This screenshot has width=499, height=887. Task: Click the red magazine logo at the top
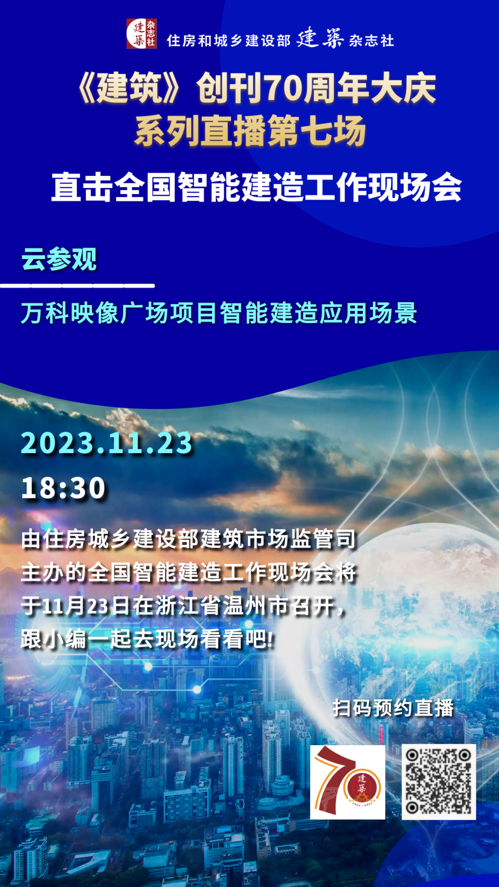141,33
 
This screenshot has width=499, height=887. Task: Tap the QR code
438,782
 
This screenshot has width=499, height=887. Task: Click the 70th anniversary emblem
347,782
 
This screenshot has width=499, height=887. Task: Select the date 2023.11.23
107,443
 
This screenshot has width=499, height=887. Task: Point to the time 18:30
64,488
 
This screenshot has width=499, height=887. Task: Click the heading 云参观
59,259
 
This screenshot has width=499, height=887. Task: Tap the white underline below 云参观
77,286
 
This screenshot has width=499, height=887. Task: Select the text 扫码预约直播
393,708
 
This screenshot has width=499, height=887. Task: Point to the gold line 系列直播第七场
250,132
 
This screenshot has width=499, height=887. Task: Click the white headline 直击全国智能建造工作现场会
256,187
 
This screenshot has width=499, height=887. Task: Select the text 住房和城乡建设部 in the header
229,41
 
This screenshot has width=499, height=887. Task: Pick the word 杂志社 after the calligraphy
372,41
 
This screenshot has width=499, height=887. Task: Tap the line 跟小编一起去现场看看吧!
147,639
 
